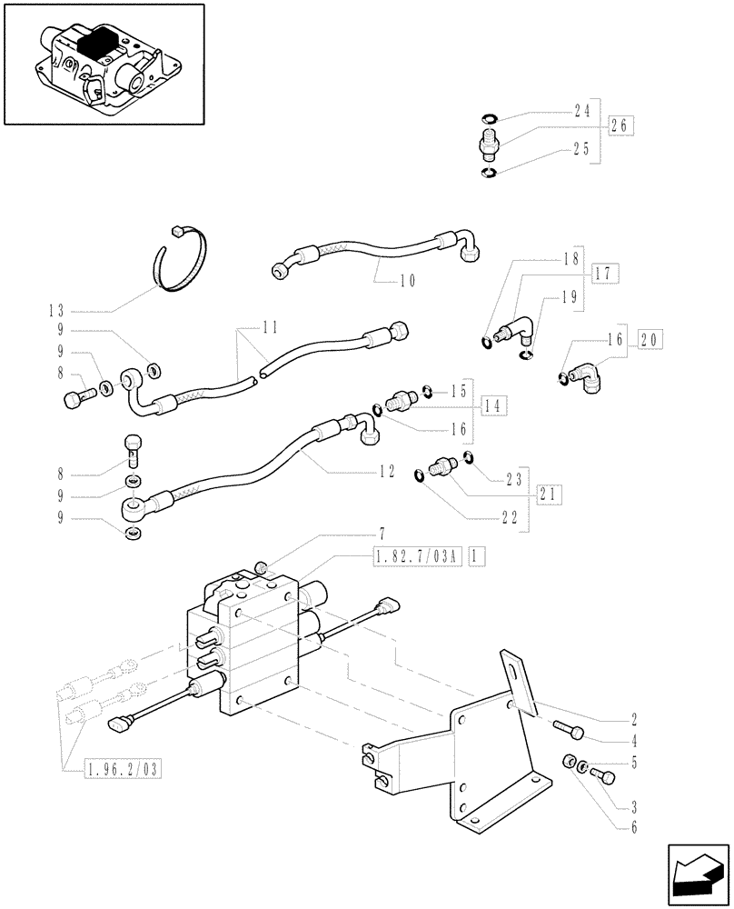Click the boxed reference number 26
click(620, 126)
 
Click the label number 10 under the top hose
click(407, 281)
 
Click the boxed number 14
click(495, 405)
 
